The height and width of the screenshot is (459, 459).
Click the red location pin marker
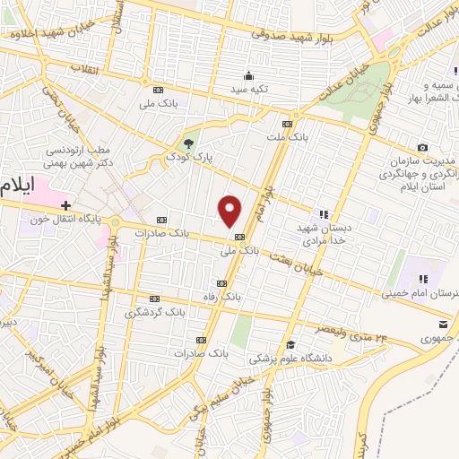tap(230, 211)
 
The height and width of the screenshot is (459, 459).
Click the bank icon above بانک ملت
tap(287, 124)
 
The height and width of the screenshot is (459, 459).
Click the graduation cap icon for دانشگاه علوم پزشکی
tap(290, 344)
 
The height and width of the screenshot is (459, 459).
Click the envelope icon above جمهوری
tap(442, 325)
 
